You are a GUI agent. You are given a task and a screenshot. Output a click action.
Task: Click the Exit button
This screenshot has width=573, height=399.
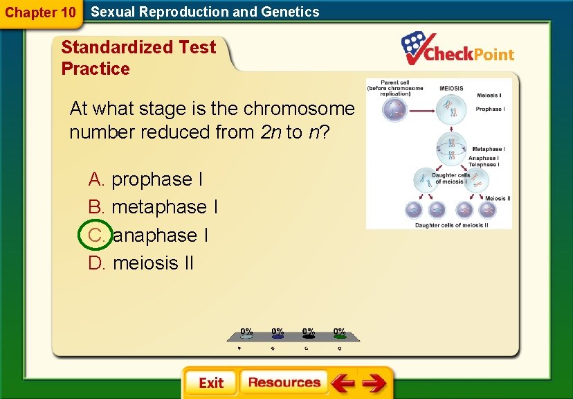pyautogui.click(x=210, y=382)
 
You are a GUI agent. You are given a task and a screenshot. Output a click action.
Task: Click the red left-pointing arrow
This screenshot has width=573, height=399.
pyautogui.click(x=342, y=382)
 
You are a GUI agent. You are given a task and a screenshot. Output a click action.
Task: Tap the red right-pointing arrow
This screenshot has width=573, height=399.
pyautogui.click(x=374, y=382)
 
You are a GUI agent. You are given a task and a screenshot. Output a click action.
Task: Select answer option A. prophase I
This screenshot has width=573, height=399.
pyautogui.click(x=145, y=179)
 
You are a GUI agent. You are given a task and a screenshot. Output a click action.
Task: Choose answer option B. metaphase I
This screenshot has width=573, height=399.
pyautogui.click(x=153, y=207)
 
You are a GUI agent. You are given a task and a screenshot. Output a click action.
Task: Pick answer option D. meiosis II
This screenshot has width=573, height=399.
pyautogui.click(x=141, y=263)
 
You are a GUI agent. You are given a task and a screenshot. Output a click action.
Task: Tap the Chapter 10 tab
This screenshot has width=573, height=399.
pyautogui.click(x=40, y=12)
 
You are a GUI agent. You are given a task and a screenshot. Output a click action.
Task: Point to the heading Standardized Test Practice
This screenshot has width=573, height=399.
pyautogui.click(x=138, y=57)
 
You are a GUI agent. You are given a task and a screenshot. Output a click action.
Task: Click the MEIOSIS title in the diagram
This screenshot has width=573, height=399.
pyautogui.click(x=451, y=89)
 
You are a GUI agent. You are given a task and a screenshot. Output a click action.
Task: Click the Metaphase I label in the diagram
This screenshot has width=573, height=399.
pyautogui.click(x=488, y=149)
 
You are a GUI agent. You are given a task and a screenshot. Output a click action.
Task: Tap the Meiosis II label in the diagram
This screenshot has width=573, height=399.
pyautogui.click(x=497, y=198)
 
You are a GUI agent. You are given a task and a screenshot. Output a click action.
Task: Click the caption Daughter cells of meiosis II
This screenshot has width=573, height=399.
pyautogui.click(x=451, y=224)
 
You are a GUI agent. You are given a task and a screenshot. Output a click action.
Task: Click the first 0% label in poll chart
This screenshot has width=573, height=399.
pyautogui.click(x=246, y=332)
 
